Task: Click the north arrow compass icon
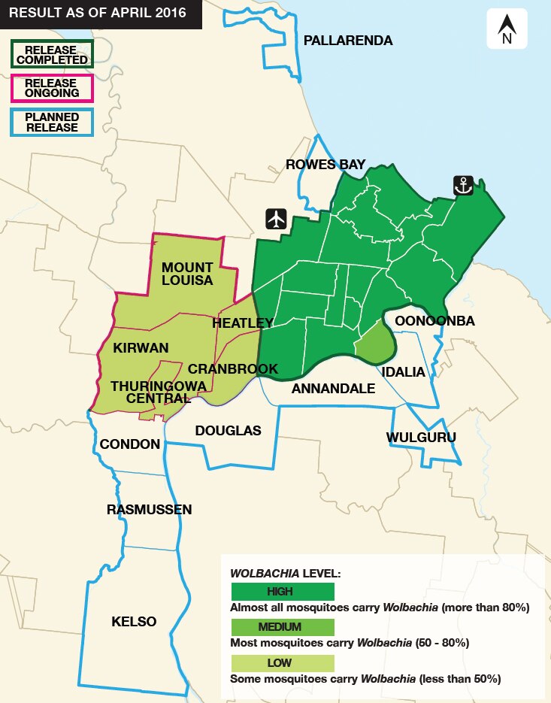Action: (x=507, y=29)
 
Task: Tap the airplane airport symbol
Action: (x=277, y=219)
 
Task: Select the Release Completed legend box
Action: (x=51, y=54)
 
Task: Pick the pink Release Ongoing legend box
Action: (x=51, y=88)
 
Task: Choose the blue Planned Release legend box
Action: (x=51, y=123)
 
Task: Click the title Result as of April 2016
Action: (x=97, y=14)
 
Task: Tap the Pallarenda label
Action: (x=347, y=41)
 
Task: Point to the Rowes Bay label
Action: (x=325, y=165)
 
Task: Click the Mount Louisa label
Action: (x=187, y=274)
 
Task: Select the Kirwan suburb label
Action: (x=141, y=347)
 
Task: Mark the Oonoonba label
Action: (x=434, y=321)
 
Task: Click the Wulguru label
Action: (x=421, y=437)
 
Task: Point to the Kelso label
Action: (x=134, y=621)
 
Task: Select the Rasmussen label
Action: (x=149, y=510)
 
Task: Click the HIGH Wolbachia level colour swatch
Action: (x=283, y=592)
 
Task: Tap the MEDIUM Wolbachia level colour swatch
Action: (x=283, y=627)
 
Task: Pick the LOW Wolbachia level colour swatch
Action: (x=283, y=662)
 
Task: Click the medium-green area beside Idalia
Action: (x=375, y=342)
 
